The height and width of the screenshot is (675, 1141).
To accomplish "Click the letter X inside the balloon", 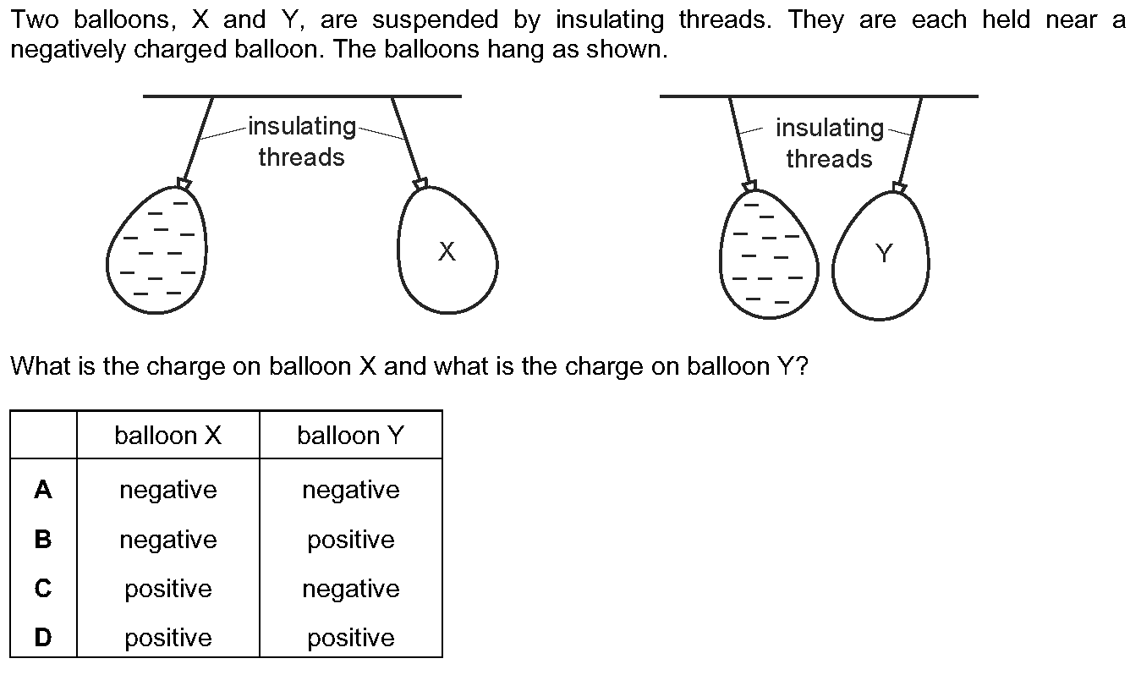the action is pyautogui.click(x=447, y=252).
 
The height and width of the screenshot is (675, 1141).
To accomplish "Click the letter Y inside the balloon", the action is pyautogui.click(x=884, y=253).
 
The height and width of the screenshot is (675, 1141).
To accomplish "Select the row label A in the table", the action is pyautogui.click(x=43, y=490).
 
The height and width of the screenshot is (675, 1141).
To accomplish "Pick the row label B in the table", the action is pyautogui.click(x=43, y=539).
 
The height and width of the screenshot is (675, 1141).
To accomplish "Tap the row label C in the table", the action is pyautogui.click(x=43, y=589).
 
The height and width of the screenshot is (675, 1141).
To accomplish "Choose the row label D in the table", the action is pyautogui.click(x=43, y=637).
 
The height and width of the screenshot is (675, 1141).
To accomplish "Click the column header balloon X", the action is pyautogui.click(x=168, y=436).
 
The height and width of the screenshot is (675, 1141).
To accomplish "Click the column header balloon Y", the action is pyautogui.click(x=351, y=436).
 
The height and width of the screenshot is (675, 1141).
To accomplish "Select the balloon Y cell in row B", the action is pyautogui.click(x=351, y=540).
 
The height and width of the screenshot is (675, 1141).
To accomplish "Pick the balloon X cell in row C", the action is pyautogui.click(x=168, y=590).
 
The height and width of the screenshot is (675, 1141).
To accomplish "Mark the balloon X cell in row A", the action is pyautogui.click(x=168, y=491).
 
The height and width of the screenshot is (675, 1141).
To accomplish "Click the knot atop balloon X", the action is pyautogui.click(x=421, y=184).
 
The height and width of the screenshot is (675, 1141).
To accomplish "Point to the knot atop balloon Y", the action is pyautogui.click(x=900, y=188).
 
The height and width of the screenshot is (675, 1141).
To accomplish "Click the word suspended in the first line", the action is pyautogui.click(x=435, y=20).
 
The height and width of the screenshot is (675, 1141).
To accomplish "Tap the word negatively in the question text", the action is pyautogui.click(x=68, y=50).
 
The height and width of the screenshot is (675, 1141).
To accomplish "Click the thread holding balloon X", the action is pyautogui.click(x=407, y=139).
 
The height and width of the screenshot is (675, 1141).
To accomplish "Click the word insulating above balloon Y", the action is pyautogui.click(x=830, y=129).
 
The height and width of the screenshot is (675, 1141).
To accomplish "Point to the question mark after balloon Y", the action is pyautogui.click(x=802, y=365).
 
